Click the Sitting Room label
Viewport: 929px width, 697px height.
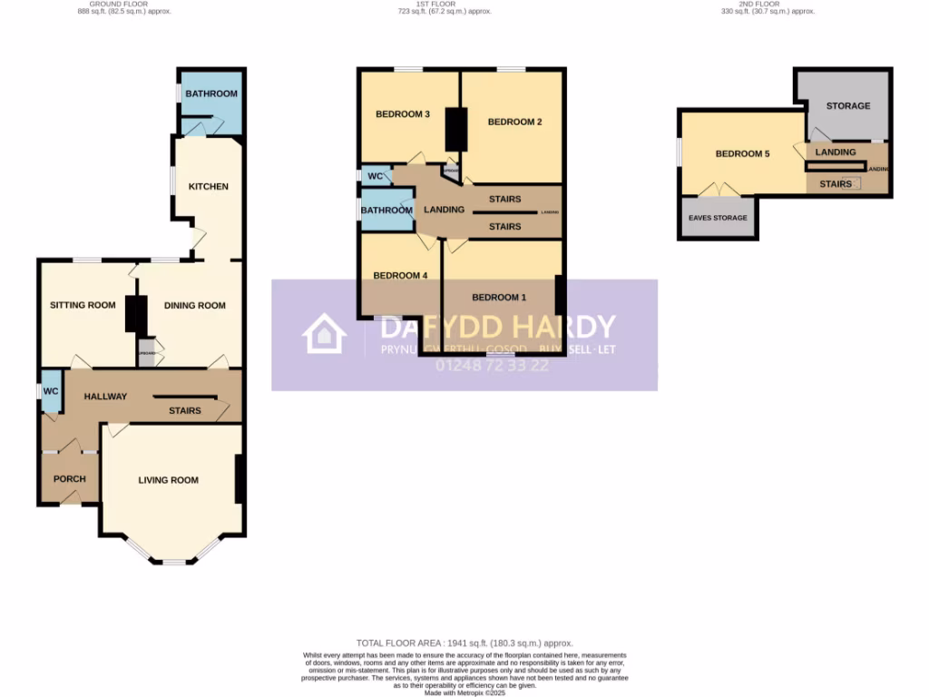point(83,305)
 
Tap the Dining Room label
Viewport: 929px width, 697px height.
point(194,305)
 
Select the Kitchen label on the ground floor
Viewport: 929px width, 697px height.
point(208,186)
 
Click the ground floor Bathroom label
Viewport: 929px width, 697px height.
point(211,93)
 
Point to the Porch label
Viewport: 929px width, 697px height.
point(70,478)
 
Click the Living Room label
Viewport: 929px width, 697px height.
point(168,479)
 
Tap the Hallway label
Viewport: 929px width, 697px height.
point(105,396)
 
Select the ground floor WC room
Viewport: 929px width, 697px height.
point(51,391)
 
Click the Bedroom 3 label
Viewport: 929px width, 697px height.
point(402,113)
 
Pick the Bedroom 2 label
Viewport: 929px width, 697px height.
point(514,122)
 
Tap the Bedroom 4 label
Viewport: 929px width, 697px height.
point(399,275)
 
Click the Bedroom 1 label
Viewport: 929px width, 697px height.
point(498,297)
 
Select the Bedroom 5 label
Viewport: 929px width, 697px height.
point(742,153)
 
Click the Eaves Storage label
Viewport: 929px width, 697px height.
point(718,218)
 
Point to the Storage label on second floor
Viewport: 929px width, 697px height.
point(847,105)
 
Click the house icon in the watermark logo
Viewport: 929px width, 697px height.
point(324,333)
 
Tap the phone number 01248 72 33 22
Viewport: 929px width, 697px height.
point(493,366)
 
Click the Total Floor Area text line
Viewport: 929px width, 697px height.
point(464,643)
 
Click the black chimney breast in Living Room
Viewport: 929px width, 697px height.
point(240,478)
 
